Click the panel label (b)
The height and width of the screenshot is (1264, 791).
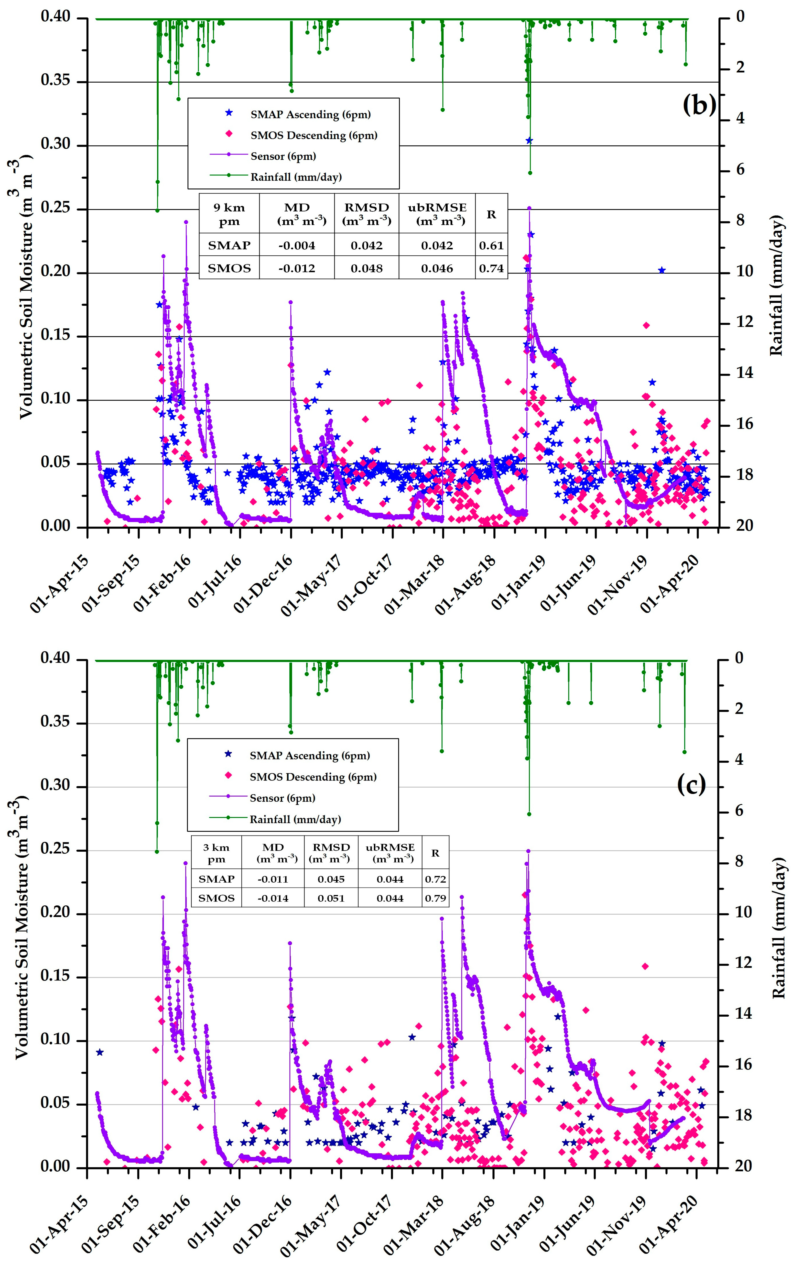[x=699, y=105]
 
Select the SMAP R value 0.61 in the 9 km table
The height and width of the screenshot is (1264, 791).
[x=491, y=245]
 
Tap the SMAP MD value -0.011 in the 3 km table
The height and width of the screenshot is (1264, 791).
[x=272, y=879]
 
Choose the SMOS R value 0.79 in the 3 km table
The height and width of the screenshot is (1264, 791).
[x=435, y=898]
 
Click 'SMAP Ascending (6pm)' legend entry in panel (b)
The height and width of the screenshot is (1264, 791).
[x=310, y=115]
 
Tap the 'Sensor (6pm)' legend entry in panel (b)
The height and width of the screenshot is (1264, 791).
[x=283, y=156]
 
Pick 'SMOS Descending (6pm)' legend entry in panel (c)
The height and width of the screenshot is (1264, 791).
[x=313, y=777]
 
